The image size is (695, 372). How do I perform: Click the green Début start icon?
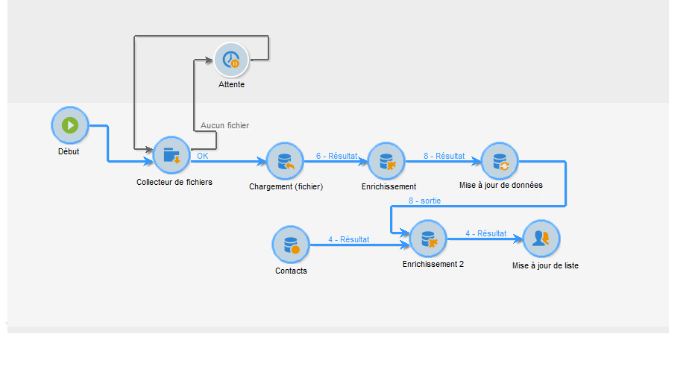[70, 125]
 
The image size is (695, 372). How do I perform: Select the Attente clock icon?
[231, 60]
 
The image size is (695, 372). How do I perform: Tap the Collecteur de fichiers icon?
[172, 155]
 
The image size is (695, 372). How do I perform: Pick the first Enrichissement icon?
[386, 161]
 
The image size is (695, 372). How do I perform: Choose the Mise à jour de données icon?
[499, 161]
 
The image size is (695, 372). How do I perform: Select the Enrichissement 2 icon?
[429, 239]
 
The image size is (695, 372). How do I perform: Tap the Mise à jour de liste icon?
[541, 239]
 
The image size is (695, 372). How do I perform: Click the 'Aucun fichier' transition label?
[224, 126]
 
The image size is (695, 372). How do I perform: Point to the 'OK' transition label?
[203, 156]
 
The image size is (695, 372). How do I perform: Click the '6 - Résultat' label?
[336, 156]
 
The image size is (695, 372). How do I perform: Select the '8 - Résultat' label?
[444, 156]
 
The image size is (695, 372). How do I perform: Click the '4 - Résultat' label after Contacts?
[348, 239]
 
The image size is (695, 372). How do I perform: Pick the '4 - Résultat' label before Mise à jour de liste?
[486, 233]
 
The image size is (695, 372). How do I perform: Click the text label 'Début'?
[69, 151]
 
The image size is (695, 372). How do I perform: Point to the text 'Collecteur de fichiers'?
[174, 182]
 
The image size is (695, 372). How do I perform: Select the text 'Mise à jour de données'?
[500, 185]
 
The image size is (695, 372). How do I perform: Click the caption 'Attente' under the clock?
[231, 85]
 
